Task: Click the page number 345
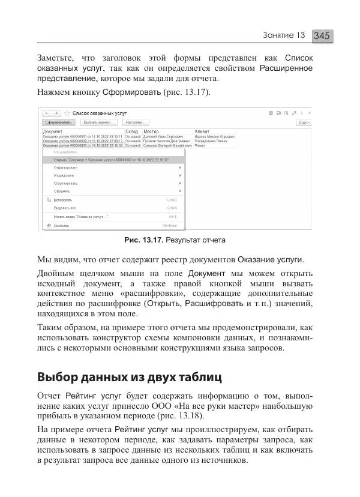tap(322, 36)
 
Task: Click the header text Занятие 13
tap(284, 36)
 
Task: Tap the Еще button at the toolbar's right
tap(304, 122)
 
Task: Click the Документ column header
tap(53, 131)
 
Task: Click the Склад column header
tap(131, 131)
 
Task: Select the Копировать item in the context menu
tap(63, 200)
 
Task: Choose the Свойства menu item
tap(61, 226)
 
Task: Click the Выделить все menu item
tap(65, 208)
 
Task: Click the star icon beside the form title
tap(67, 112)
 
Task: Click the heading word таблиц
tap(198, 378)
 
